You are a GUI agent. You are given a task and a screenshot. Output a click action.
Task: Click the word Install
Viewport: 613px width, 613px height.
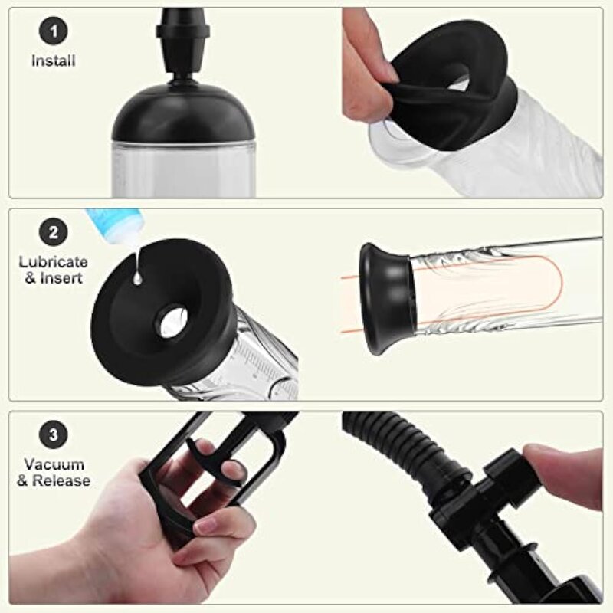pyautogui.click(x=54, y=61)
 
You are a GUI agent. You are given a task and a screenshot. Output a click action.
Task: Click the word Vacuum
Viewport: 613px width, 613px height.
pyautogui.click(x=54, y=465)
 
